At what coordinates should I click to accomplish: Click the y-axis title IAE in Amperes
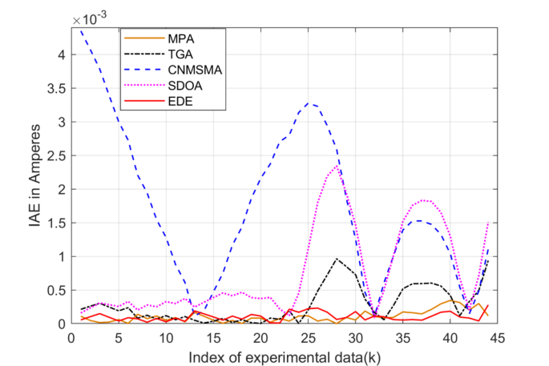click(36, 176)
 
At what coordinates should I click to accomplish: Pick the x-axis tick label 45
click(496, 337)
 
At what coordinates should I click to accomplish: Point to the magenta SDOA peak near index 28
click(337, 166)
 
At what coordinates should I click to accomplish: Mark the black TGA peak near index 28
click(337, 259)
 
